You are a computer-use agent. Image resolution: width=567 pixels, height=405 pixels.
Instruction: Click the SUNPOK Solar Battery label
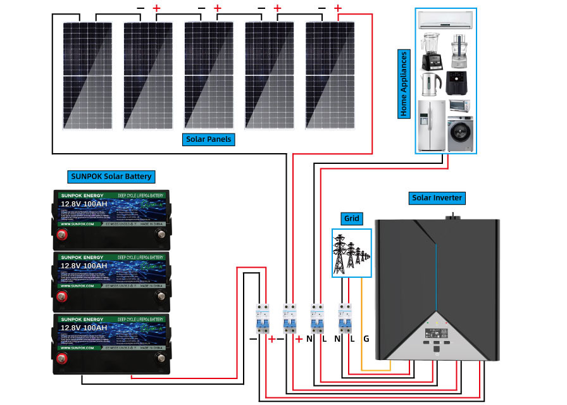[110, 177]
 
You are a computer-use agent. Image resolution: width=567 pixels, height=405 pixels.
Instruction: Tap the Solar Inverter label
[437, 198]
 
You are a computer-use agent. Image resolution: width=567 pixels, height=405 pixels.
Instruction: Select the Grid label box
[352, 219]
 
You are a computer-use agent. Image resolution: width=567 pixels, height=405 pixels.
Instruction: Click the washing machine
[459, 133]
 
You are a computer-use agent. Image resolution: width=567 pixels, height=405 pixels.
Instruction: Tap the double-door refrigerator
[432, 125]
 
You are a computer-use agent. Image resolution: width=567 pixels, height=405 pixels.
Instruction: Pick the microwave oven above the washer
[459, 106]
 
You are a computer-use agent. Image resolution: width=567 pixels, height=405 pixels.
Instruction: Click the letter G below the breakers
[366, 339]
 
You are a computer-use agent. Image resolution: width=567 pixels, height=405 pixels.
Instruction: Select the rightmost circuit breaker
[345, 318]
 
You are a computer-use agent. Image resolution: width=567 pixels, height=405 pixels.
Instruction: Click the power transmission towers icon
[352, 252]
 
